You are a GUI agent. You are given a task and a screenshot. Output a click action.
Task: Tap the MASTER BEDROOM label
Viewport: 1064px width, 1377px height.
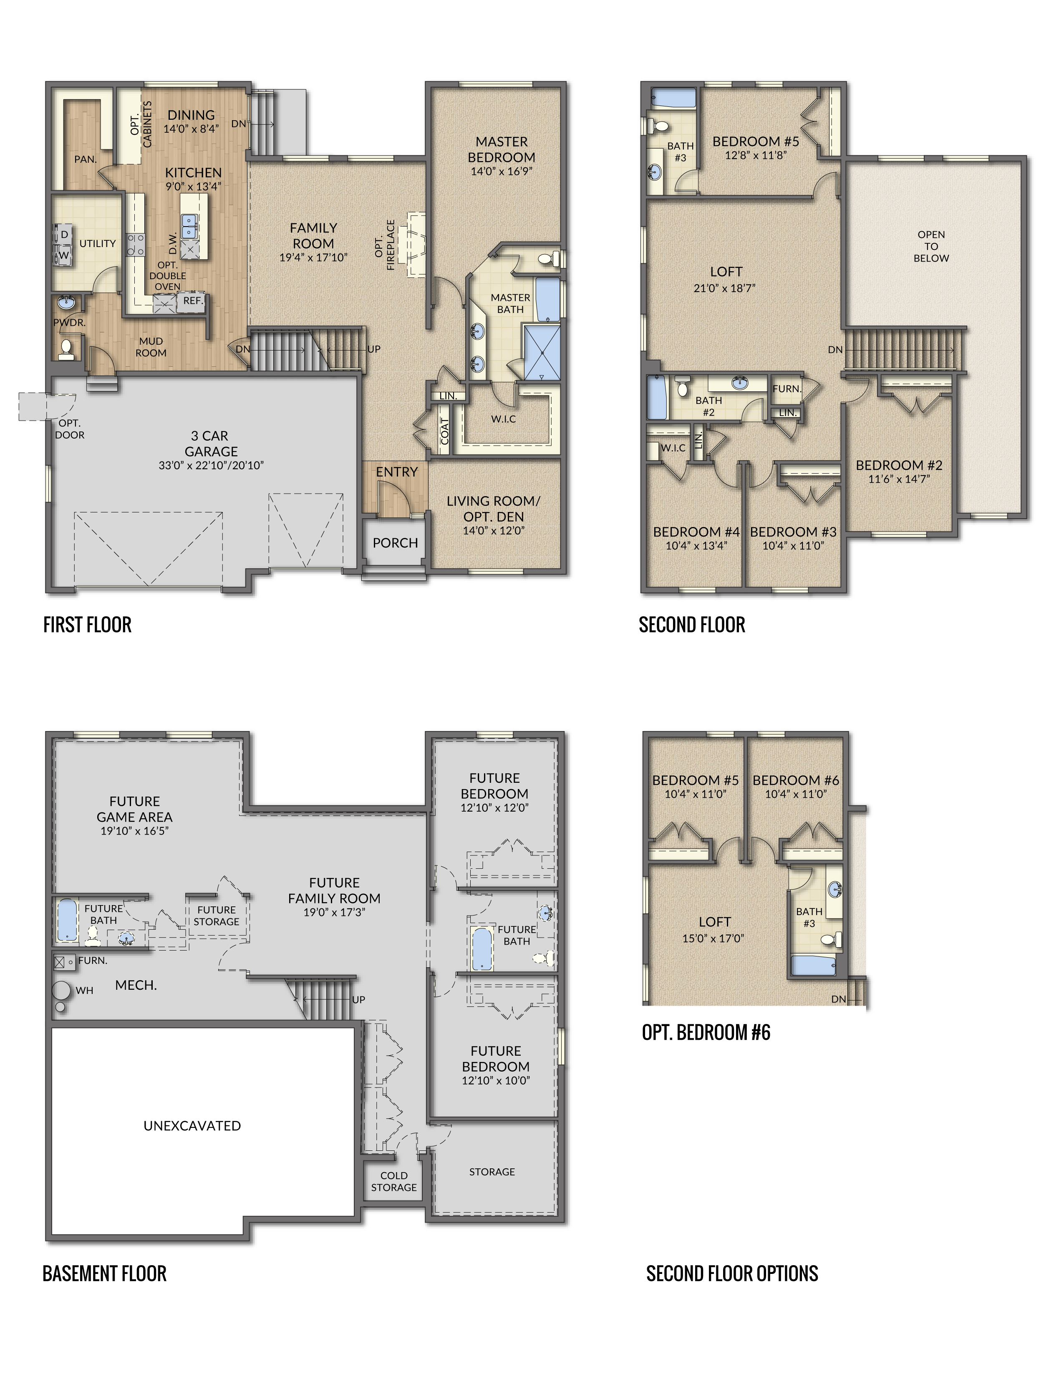click(x=502, y=149)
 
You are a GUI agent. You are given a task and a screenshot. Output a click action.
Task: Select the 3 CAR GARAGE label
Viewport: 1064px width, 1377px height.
click(x=211, y=444)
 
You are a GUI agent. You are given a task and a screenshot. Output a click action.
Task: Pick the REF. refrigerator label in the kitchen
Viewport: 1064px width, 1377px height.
click(x=193, y=301)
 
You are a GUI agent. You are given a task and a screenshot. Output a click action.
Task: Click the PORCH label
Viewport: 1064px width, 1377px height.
click(x=395, y=543)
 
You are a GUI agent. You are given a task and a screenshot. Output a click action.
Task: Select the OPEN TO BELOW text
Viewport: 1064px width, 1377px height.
click(x=931, y=246)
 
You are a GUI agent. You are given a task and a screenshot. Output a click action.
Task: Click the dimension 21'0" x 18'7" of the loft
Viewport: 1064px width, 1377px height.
click(x=724, y=288)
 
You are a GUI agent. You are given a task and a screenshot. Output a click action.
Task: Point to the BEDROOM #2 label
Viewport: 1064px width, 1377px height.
click(x=899, y=465)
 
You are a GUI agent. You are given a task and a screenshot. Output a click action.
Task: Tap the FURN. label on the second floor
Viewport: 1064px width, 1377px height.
click(x=787, y=389)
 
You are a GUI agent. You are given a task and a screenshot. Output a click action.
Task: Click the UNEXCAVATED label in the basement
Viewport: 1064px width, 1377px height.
click(x=192, y=1125)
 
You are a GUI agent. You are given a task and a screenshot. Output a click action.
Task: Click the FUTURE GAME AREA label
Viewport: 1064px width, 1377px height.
click(x=134, y=809)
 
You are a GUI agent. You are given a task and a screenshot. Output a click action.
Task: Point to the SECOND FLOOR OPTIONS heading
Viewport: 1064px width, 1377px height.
click(x=732, y=1274)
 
